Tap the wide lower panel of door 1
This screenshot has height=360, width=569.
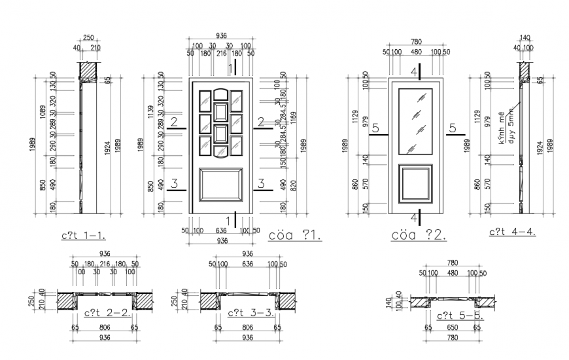[x=221, y=187]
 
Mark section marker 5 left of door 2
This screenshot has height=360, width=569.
[x=376, y=129]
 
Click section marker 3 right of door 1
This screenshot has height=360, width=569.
[x=261, y=184]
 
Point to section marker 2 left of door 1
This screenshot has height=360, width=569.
[x=174, y=122]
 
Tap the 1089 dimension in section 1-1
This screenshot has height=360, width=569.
[x=41, y=112]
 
